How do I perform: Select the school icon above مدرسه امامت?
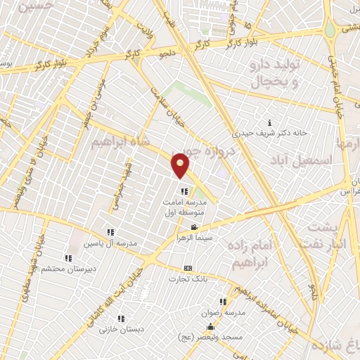[184, 191]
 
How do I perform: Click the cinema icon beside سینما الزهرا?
[194, 228]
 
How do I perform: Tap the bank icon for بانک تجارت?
[187, 268]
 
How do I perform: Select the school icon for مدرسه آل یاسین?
[110, 232]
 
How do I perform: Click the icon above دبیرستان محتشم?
[67, 257]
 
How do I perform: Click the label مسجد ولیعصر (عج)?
[211, 338]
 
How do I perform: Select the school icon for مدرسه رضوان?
[224, 301]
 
